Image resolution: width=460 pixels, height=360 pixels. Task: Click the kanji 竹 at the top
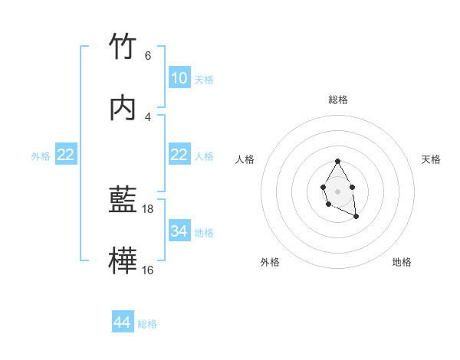click(123, 47)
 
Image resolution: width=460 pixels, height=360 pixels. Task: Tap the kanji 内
click(123, 109)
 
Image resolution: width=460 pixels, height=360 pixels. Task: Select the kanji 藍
click(123, 201)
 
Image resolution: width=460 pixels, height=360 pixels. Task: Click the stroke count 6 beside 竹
click(147, 55)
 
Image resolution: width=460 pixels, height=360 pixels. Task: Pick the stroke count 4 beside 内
click(147, 116)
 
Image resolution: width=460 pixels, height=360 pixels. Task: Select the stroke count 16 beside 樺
click(148, 270)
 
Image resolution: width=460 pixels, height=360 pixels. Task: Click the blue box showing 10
click(179, 78)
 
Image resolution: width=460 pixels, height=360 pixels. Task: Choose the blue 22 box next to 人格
click(179, 155)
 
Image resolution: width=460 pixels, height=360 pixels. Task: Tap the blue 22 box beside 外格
click(66, 155)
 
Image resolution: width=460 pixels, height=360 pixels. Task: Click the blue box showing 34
click(179, 231)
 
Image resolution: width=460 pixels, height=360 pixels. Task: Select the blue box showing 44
click(123, 322)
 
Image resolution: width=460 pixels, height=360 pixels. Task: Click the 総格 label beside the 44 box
click(147, 324)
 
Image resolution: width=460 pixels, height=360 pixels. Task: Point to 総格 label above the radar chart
click(338, 100)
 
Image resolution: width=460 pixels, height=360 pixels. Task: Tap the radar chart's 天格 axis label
click(432, 159)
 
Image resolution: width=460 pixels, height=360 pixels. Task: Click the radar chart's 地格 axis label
click(402, 262)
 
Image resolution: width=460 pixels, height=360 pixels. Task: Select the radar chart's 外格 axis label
click(270, 262)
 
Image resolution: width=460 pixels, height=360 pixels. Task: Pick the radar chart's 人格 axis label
click(245, 159)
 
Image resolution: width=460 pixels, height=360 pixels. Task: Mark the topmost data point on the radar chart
click(337, 161)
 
